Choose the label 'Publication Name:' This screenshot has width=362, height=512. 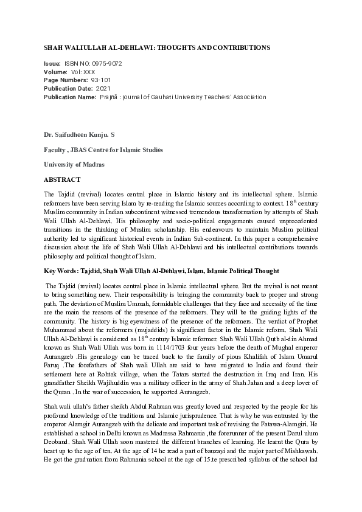coord(70,97)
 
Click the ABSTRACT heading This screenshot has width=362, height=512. coord(62,181)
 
